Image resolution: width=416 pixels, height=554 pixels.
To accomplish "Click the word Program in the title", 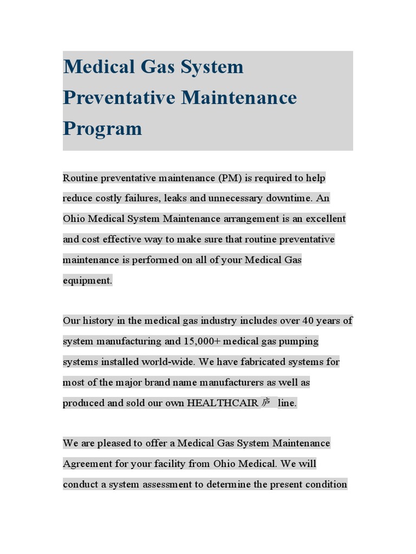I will point(102,129).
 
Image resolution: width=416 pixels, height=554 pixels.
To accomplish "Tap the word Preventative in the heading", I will point(119,98).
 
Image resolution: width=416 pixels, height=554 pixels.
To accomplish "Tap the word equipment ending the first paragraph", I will point(87,280).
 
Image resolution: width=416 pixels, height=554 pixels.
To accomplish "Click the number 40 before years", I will point(308,321).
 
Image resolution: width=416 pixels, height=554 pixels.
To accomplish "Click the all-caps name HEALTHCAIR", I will point(223,403).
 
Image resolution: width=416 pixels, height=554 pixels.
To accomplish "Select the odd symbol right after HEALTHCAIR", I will point(266,403).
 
